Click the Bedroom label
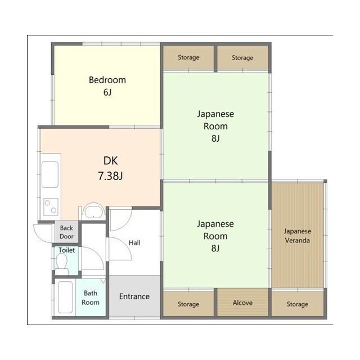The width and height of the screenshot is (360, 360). pos(107,80)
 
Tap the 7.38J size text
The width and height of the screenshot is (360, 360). pos(110,176)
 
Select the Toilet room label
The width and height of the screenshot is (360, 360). pos(66,250)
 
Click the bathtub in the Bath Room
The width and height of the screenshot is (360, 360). pos(65,298)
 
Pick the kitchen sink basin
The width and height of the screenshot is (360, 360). pos(50,175)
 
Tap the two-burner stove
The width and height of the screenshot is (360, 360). pos(51,207)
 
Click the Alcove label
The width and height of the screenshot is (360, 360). pos(242,303)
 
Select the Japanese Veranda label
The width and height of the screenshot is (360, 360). pos(298,236)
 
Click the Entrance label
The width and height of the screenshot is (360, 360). pos(134,296)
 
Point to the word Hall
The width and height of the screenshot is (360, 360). pos(134,242)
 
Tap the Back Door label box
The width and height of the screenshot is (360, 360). pos(66,232)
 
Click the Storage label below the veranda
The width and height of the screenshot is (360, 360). pos(298,304)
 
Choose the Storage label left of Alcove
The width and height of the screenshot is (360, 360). pos(188,304)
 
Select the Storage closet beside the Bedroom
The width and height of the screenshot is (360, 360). pos(188,57)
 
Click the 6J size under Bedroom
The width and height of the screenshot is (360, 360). pos(107,92)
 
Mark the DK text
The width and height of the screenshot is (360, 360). pos(110,161)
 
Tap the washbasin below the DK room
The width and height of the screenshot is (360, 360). pos(93,211)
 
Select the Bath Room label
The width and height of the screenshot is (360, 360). pos(91,298)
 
